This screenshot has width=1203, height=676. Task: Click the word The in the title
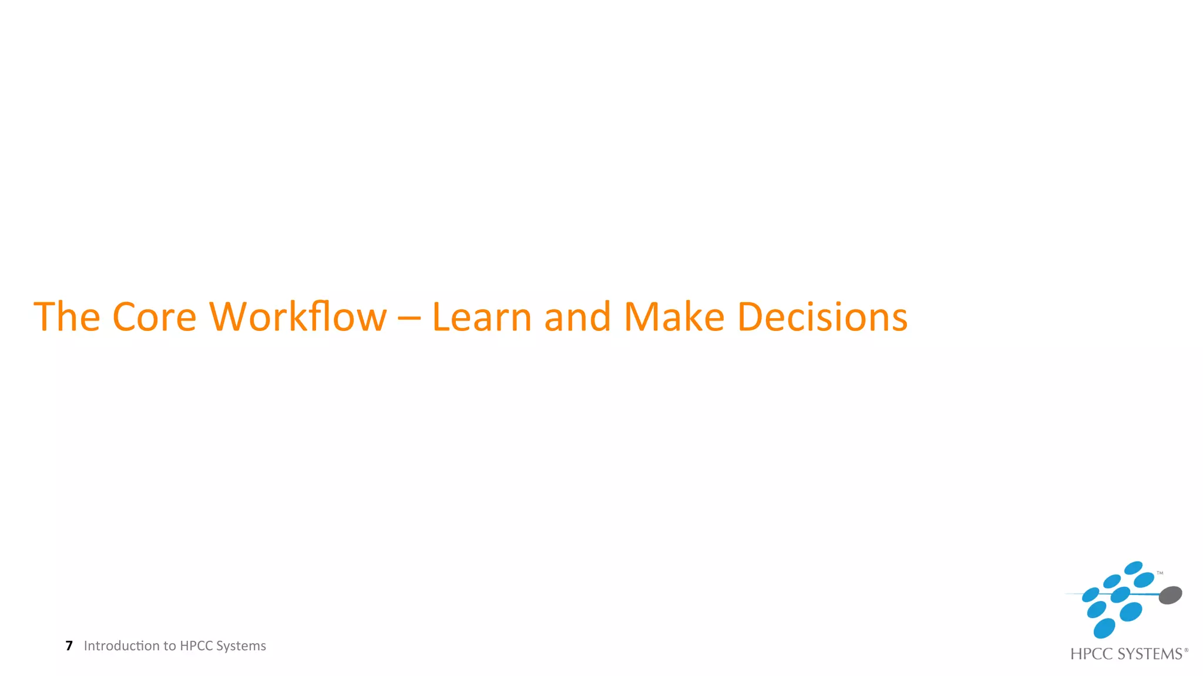[67, 317]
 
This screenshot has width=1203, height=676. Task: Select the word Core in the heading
[154, 317]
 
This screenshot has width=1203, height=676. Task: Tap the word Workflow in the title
[298, 317]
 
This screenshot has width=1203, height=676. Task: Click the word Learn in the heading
[482, 317]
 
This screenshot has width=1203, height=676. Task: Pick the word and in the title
[577, 317]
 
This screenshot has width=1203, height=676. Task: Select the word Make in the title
[674, 317]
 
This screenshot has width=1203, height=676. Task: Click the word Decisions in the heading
[822, 317]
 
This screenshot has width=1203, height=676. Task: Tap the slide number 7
[69, 646]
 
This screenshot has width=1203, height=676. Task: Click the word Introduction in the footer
[122, 646]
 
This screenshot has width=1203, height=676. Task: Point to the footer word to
[169, 646]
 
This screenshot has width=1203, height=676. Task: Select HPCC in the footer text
[196, 646]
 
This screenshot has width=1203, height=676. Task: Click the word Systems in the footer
[241, 646]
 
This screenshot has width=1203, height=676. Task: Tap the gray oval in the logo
[1170, 595]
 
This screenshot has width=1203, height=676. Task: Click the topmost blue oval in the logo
[1133, 567]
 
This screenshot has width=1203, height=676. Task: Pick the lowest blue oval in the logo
[1104, 628]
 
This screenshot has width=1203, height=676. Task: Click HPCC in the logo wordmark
[1091, 654]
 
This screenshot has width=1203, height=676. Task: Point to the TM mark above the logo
[1160, 573]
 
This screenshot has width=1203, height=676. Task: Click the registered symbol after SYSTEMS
[1186, 650]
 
